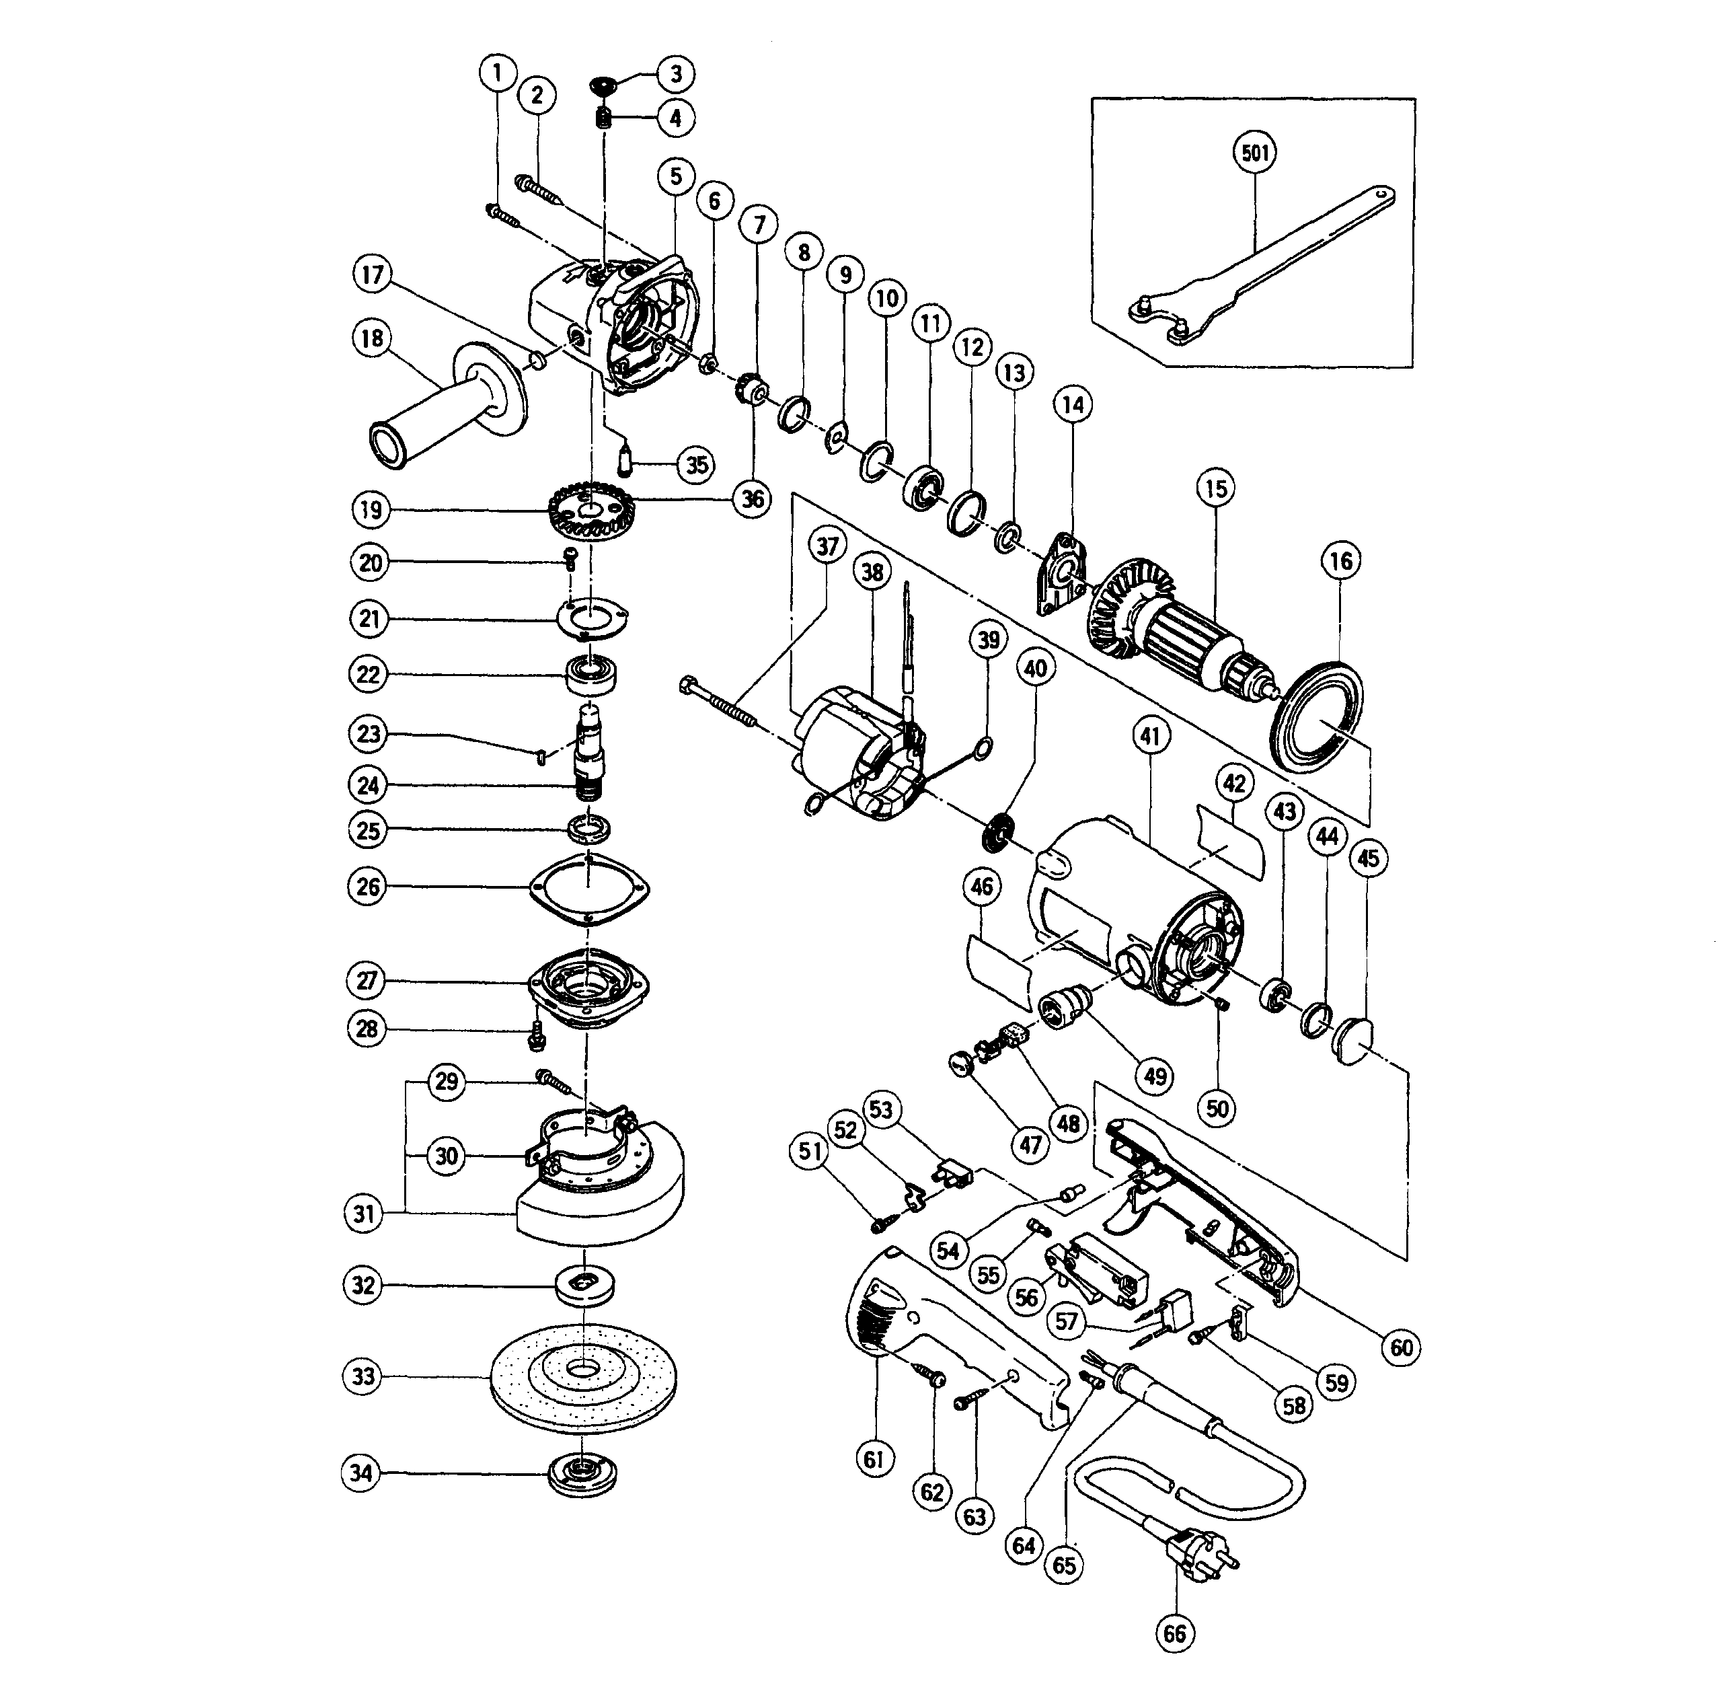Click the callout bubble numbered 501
[x=1254, y=152]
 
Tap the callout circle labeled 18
[x=372, y=338]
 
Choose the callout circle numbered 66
[x=1174, y=1633]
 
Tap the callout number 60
[x=1402, y=1347]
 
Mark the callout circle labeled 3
[x=675, y=74]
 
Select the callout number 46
[x=983, y=887]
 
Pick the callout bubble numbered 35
[x=697, y=465]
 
